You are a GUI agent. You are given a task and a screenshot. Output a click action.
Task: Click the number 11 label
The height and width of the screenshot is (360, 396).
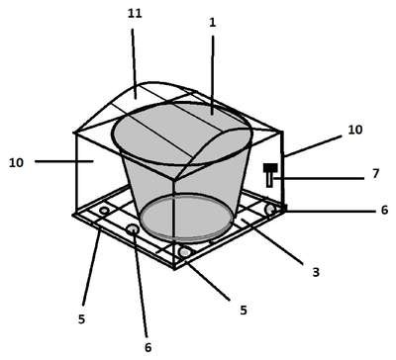click(135, 14)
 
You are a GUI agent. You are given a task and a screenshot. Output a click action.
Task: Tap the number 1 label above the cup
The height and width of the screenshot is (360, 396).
click(213, 23)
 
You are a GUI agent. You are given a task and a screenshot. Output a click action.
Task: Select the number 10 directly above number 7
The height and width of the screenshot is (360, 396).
click(355, 130)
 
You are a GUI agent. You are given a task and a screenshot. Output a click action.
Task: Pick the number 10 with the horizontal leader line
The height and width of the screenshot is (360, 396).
click(16, 162)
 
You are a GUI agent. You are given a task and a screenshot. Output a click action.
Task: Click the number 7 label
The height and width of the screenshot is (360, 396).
click(376, 173)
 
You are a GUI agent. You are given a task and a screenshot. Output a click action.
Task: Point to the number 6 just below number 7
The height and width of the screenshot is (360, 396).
click(384, 210)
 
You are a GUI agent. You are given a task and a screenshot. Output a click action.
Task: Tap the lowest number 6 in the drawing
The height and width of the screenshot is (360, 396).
click(148, 347)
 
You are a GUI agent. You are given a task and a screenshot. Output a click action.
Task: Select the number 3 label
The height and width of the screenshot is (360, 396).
click(316, 272)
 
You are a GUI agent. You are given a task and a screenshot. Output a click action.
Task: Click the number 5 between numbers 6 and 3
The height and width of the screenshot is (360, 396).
click(244, 311)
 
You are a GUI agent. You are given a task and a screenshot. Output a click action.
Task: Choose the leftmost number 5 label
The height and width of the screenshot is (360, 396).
click(81, 318)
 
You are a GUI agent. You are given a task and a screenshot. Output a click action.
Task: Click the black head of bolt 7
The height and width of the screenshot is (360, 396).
click(270, 167)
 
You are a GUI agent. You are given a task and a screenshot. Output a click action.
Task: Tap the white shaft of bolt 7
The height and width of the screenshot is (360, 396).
click(270, 179)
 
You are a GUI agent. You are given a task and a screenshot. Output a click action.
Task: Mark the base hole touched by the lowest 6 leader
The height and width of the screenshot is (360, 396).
click(133, 228)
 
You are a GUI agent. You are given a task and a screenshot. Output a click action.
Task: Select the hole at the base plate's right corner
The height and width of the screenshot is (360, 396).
click(270, 209)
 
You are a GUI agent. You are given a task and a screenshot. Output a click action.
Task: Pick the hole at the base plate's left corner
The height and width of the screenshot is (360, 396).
click(104, 210)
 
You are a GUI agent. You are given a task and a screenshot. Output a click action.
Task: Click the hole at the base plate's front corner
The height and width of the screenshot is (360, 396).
click(185, 252)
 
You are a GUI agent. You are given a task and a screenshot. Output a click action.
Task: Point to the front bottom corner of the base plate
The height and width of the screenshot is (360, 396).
click(174, 268)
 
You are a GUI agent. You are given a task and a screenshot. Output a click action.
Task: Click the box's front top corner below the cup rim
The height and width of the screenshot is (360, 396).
click(174, 179)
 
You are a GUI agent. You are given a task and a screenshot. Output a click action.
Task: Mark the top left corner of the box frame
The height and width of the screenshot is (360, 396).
click(75, 133)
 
